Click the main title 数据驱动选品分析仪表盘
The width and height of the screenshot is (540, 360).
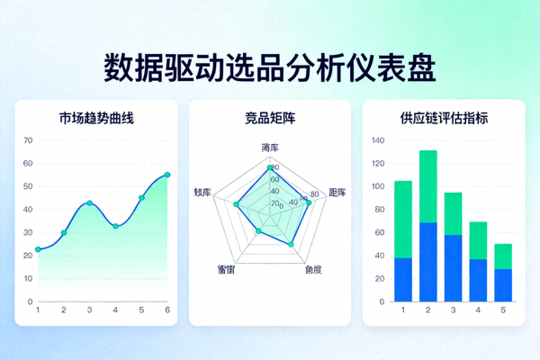coord(270,67)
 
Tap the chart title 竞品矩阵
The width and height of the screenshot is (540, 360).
coord(270,118)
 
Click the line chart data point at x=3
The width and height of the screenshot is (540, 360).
coord(89,203)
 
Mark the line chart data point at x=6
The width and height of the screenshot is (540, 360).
coord(167,175)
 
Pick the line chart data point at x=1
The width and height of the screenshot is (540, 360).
coord(38,249)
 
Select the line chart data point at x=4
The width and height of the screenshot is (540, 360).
coord(115,226)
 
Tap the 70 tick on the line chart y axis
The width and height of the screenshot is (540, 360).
coord(28,140)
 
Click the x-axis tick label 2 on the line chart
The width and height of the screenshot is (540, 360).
coord(63,310)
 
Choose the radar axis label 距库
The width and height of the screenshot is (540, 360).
coord(337,193)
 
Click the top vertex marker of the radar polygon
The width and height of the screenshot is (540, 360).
coord(269,167)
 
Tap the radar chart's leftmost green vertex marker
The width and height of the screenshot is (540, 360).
coord(236,205)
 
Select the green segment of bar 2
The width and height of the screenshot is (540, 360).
coord(428,186)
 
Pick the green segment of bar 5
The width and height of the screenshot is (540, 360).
coord(503,256)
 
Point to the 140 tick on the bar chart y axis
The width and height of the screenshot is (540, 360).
coord(377,140)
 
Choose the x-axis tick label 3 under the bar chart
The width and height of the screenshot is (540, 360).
coord(454,310)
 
